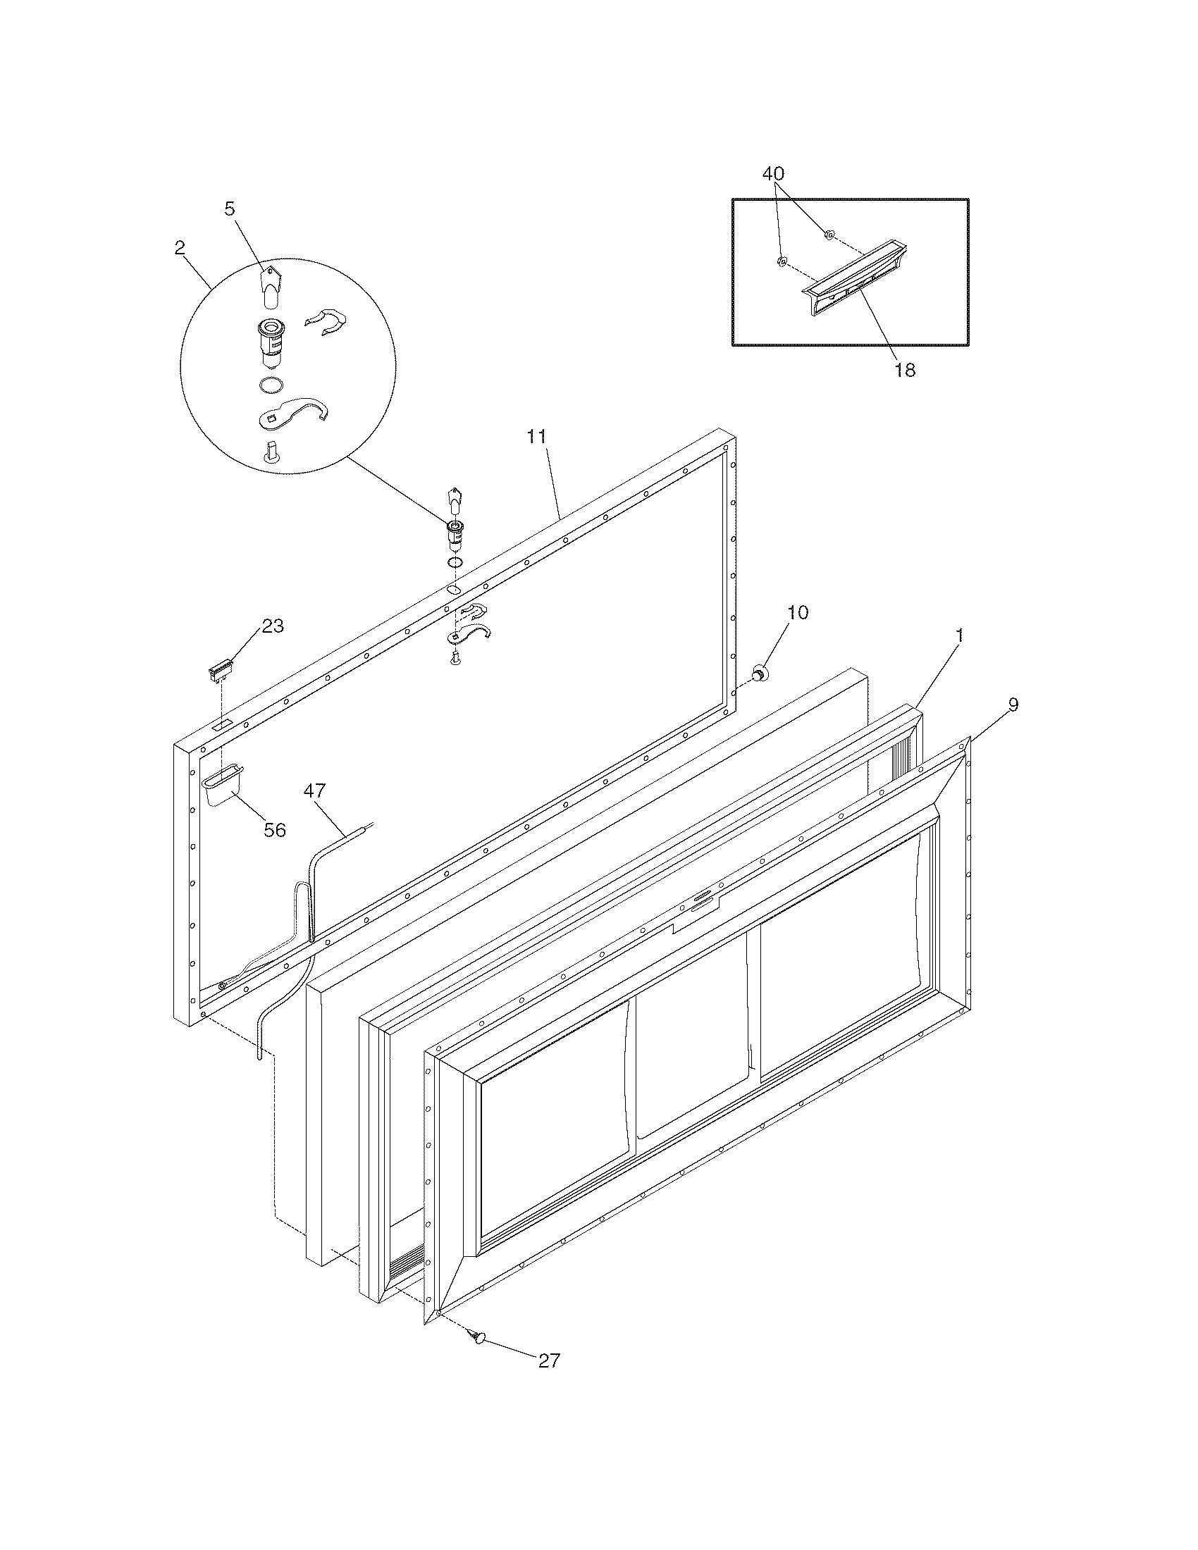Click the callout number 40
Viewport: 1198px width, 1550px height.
coord(773,174)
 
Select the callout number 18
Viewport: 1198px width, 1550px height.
coord(905,370)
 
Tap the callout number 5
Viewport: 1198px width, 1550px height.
coord(229,208)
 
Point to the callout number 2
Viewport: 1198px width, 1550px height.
coord(179,248)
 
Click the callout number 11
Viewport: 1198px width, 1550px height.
coord(536,437)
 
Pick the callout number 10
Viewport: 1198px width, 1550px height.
coord(798,612)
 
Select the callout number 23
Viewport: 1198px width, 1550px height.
coord(273,626)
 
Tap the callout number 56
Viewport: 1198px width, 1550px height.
coord(275,830)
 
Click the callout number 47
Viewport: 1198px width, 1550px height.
coord(315,790)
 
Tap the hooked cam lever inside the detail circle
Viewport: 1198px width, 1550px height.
coord(292,414)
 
